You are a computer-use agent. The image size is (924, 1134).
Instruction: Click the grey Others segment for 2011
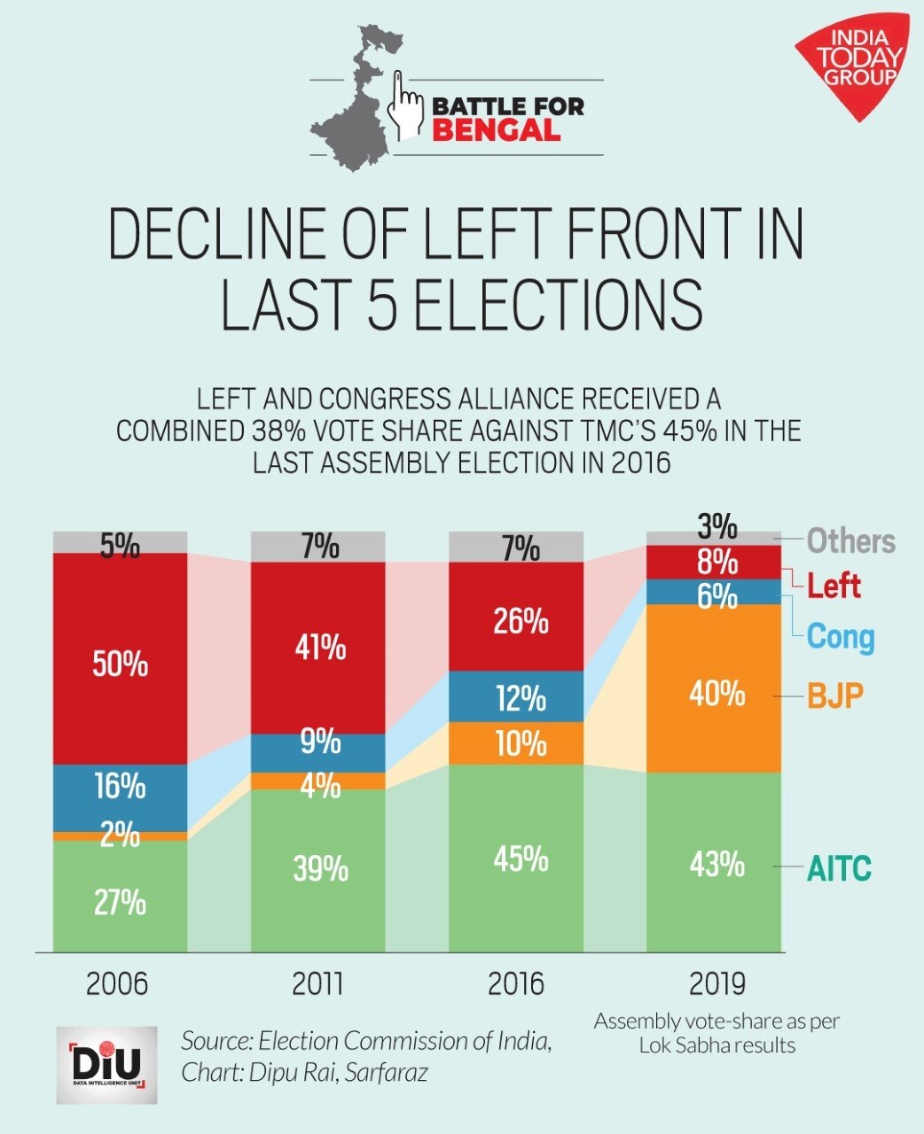[318, 547]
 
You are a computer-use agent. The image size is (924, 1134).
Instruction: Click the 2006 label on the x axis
[117, 983]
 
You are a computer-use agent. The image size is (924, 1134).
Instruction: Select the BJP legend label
[834, 695]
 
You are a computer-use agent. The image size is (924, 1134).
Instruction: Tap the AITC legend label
[839, 867]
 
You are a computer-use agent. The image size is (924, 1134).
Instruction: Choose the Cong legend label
[841, 637]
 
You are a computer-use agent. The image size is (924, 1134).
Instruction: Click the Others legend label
[850, 540]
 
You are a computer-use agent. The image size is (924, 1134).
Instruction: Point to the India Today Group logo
[852, 66]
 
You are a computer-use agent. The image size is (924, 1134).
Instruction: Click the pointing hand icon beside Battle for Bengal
[407, 105]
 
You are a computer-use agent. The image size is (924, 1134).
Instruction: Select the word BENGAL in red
[497, 131]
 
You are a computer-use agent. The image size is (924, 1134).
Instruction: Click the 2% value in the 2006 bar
[120, 835]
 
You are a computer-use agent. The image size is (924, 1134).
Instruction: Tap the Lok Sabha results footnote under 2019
[716, 1033]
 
